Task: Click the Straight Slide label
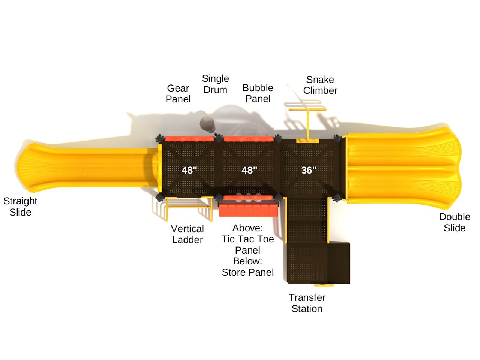(20, 207)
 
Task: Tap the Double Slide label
(454, 222)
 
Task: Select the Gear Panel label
(178, 93)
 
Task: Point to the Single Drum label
(215, 84)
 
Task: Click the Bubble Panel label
(258, 93)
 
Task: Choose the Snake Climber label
(320, 85)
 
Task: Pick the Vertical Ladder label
(187, 234)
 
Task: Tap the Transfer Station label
(307, 303)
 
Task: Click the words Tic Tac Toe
(247, 239)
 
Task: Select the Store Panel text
(247, 272)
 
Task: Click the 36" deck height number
(309, 170)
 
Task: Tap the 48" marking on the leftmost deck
(189, 170)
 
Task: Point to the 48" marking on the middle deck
(249, 170)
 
